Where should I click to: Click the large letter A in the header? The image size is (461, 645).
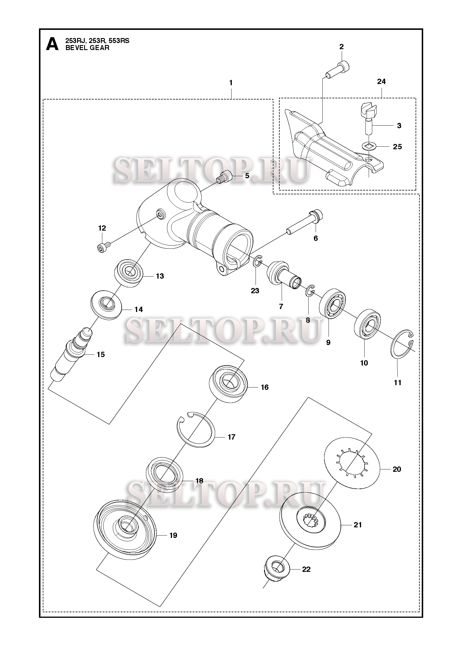tap(52, 44)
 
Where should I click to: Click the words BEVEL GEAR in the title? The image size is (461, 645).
tap(87, 48)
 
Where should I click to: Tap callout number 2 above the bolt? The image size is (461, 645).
tap(341, 47)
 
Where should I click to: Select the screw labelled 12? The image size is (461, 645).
tap(103, 246)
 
